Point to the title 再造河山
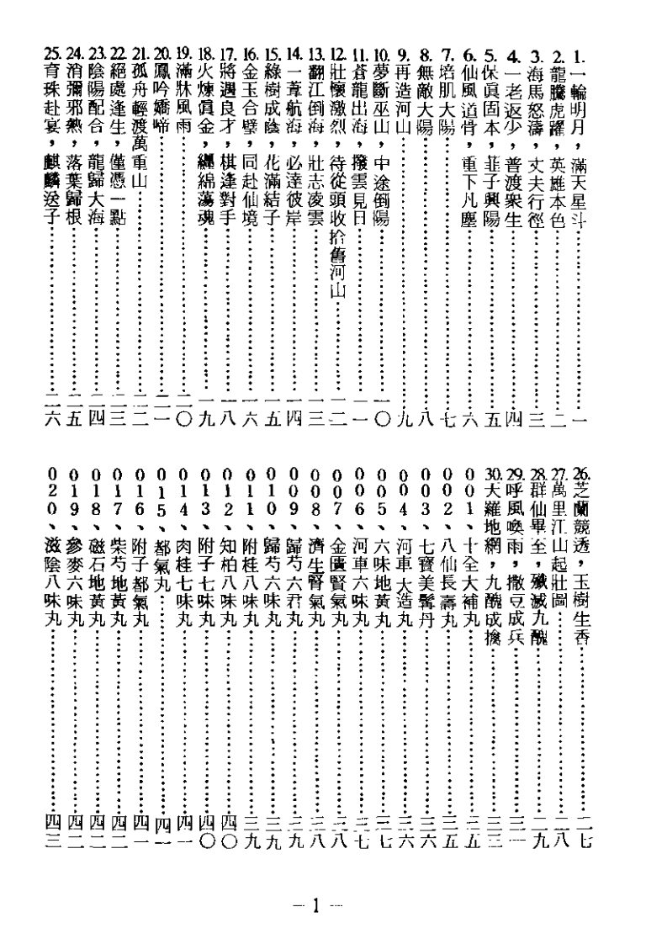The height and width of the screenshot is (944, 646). point(405,109)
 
